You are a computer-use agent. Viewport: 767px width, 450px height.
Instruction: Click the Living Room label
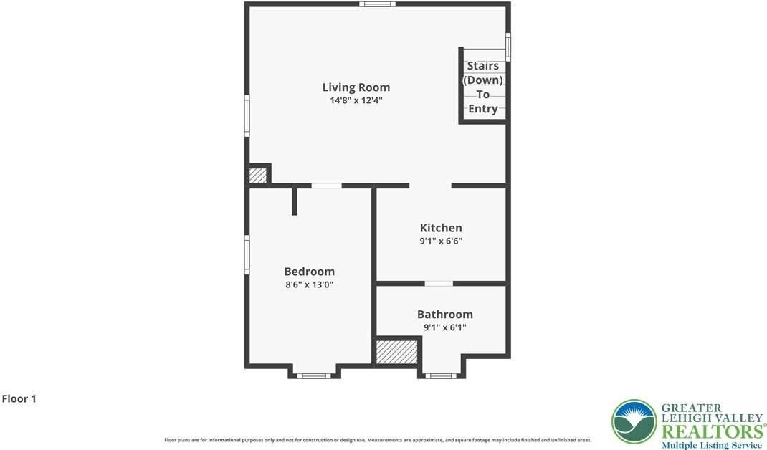[x=356, y=87]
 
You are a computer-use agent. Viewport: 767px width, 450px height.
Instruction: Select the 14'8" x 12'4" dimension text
[x=356, y=101]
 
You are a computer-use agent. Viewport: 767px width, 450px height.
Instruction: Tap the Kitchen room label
[x=441, y=228]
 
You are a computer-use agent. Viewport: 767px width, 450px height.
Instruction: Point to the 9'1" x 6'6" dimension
[x=441, y=241]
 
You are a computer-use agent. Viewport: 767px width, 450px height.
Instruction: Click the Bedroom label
[x=309, y=272]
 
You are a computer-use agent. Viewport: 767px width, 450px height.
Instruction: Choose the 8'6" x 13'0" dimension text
[x=309, y=284]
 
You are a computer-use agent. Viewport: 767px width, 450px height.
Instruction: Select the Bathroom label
[x=444, y=315]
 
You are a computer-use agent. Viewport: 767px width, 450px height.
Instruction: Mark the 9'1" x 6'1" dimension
[x=444, y=327]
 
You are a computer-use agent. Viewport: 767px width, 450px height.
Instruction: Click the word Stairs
[x=482, y=66]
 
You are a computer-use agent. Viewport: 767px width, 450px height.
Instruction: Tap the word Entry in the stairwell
[x=482, y=109]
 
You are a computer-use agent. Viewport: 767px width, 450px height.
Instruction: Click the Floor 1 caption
[x=19, y=398]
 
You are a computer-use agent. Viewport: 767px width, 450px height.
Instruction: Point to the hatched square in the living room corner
[x=257, y=175]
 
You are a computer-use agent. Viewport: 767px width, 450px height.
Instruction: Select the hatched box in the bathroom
[x=397, y=352]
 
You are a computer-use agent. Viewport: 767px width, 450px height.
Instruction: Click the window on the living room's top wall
[x=377, y=4]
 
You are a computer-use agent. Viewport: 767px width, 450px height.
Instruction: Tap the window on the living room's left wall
[x=247, y=116]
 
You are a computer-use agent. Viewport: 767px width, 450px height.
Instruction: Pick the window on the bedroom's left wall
[x=247, y=254]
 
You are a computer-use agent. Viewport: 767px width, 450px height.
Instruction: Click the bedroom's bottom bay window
[x=314, y=375]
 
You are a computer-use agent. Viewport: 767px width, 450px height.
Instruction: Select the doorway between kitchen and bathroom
[x=439, y=284]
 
